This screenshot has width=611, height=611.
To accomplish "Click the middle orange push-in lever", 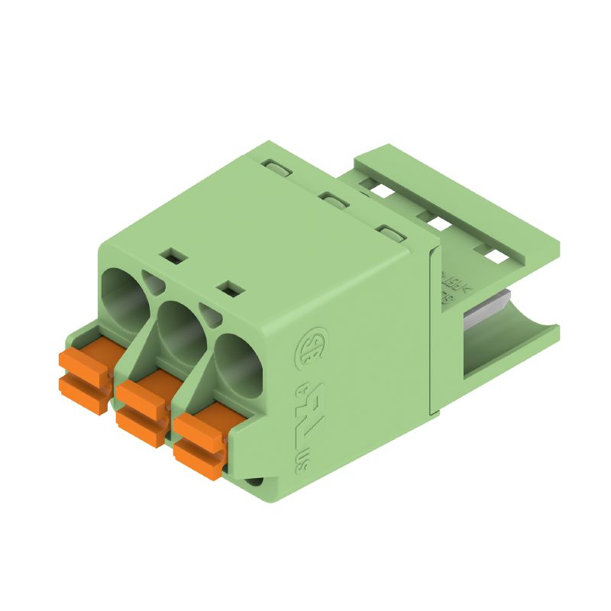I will [144, 403].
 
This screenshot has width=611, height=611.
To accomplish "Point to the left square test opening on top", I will [173, 256].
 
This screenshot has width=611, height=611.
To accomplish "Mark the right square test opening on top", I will [230, 288].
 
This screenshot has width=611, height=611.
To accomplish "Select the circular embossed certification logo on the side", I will [313, 346].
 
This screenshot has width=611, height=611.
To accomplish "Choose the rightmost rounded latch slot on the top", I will [392, 234].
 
